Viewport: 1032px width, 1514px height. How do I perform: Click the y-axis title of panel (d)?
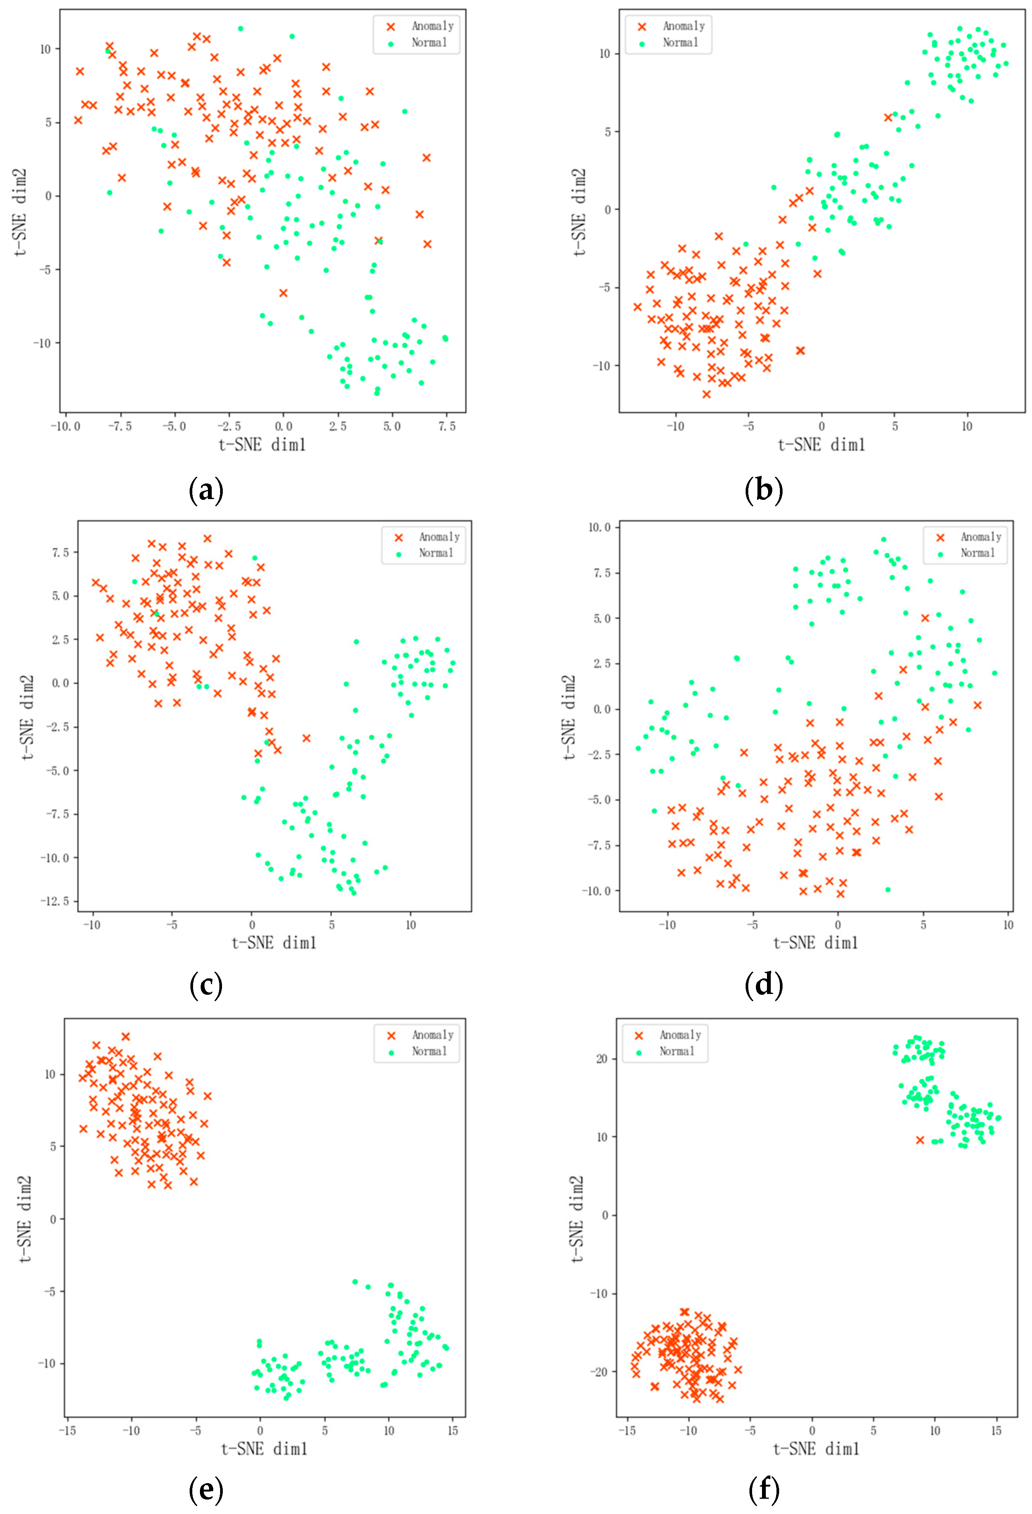[569, 716]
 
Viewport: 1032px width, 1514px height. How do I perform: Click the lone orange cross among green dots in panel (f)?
[920, 1140]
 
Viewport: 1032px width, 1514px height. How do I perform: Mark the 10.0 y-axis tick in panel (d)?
[599, 527]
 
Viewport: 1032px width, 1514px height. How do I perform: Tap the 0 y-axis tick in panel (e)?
[53, 1219]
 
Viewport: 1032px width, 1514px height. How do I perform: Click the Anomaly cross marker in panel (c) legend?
[399, 538]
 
